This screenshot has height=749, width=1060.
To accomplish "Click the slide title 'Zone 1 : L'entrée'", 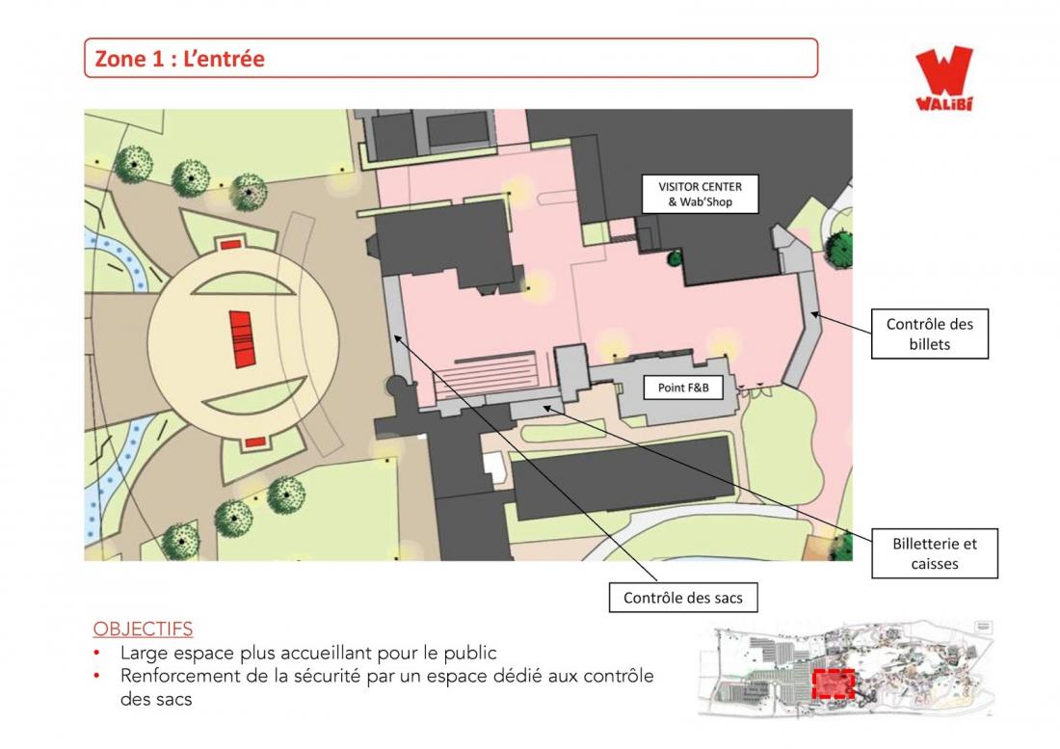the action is click(x=180, y=58).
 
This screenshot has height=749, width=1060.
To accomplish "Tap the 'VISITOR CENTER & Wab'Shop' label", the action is click(x=700, y=194).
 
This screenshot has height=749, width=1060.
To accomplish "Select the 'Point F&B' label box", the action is click(x=683, y=388).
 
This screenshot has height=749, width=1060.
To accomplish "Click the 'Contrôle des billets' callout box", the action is click(x=930, y=334).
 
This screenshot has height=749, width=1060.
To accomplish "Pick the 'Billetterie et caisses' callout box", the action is click(x=935, y=553).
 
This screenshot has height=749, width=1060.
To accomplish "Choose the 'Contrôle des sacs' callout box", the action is click(x=683, y=598).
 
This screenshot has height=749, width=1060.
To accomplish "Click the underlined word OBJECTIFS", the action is click(x=143, y=629).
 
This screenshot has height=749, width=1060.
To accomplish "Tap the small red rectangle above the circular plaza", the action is click(x=231, y=244).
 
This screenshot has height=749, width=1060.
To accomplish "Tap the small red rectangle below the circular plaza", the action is click(x=254, y=442).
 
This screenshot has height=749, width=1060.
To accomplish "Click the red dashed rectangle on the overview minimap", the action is click(x=833, y=683).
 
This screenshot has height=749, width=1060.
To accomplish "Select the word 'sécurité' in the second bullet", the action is click(x=328, y=676).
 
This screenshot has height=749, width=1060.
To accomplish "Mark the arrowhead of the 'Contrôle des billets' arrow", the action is click(x=814, y=313).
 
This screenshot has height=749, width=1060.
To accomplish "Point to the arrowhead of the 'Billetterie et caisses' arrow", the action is click(x=547, y=408).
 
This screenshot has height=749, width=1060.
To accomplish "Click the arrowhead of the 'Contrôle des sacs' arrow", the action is click(x=397, y=338).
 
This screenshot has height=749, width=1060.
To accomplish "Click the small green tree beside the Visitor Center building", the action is click(x=674, y=257).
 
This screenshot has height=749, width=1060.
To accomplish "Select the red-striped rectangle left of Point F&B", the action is click(x=486, y=374).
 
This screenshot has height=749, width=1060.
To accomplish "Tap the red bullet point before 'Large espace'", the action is click(x=97, y=654).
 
